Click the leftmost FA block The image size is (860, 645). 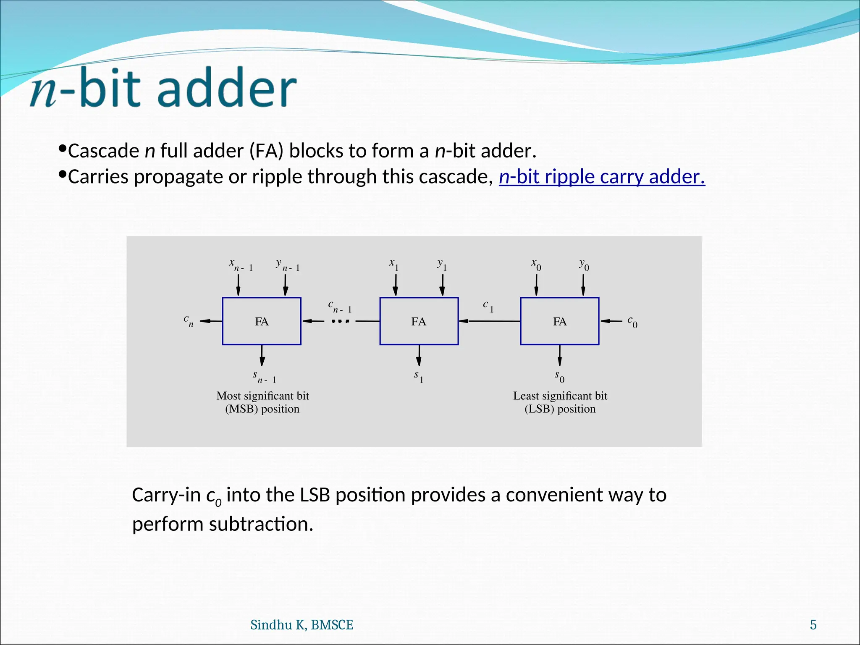coord(262,321)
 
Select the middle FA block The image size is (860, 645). coord(419,321)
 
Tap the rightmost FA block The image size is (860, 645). coord(559,321)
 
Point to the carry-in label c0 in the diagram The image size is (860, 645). coord(632,322)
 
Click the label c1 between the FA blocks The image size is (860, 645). coord(488,306)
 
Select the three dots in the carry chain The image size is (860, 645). coord(340,321)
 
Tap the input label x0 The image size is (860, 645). coord(536,265)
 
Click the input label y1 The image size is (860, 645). coord(442,265)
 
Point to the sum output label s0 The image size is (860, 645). coord(559,376)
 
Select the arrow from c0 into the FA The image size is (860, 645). coord(611,321)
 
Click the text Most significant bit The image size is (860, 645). coord(262,396)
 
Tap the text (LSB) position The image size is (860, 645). coord(560,409)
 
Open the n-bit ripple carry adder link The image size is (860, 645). coord(601,176)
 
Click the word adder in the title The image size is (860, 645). coord(227,88)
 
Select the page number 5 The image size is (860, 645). coord(813,625)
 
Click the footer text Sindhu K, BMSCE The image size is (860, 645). coord(302,625)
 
